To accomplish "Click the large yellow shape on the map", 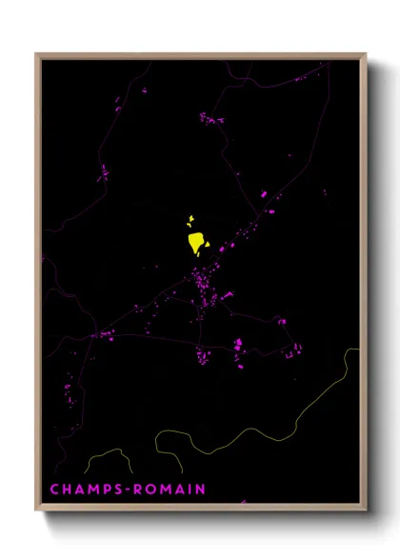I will pyautogui.click(x=197, y=242).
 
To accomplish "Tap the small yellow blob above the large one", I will pyautogui.click(x=190, y=220).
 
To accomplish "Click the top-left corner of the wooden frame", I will pyautogui.click(x=37, y=54).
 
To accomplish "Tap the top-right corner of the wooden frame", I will pyautogui.click(x=366, y=54).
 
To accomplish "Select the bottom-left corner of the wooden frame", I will pyautogui.click(x=37, y=510).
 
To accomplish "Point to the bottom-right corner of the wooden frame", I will pyautogui.click(x=366, y=510).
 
